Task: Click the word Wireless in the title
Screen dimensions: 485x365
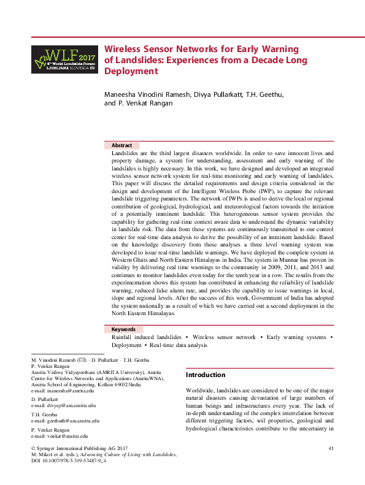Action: [x=125, y=48]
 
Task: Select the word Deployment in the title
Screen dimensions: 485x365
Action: [x=131, y=71]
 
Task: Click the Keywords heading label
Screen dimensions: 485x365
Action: [x=123, y=329]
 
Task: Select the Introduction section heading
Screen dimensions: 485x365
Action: [x=206, y=375]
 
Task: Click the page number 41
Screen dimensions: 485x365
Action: [x=331, y=449]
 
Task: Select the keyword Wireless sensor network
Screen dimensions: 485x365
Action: [x=224, y=337]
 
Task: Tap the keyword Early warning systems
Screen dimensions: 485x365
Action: [x=296, y=337]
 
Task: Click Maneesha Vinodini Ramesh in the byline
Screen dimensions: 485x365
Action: [x=145, y=94]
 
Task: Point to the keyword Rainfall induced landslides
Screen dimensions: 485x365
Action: [x=146, y=337]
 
